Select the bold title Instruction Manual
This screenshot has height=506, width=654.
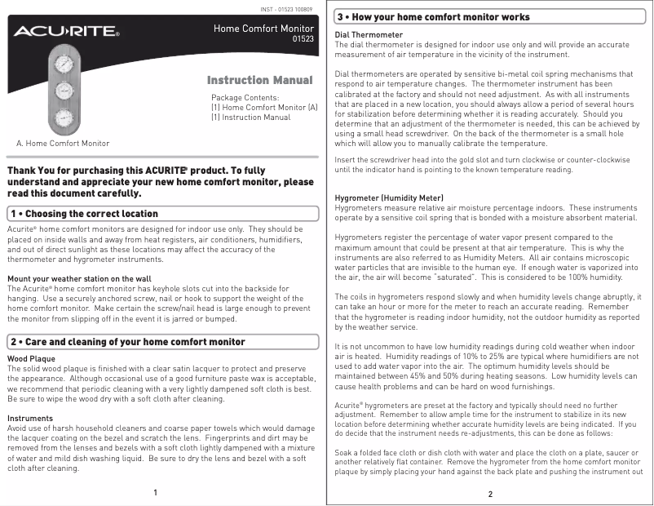click(259, 80)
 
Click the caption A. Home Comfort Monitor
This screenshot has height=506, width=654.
click(63, 144)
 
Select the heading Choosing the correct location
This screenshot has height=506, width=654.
click(84, 214)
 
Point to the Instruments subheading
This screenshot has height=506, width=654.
click(30, 418)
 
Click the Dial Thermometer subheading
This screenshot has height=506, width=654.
click(369, 35)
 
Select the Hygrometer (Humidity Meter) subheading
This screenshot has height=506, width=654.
click(389, 198)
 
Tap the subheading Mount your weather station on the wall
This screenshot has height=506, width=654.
click(79, 279)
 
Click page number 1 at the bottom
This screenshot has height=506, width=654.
click(156, 493)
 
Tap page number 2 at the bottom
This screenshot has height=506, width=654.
click(490, 495)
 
